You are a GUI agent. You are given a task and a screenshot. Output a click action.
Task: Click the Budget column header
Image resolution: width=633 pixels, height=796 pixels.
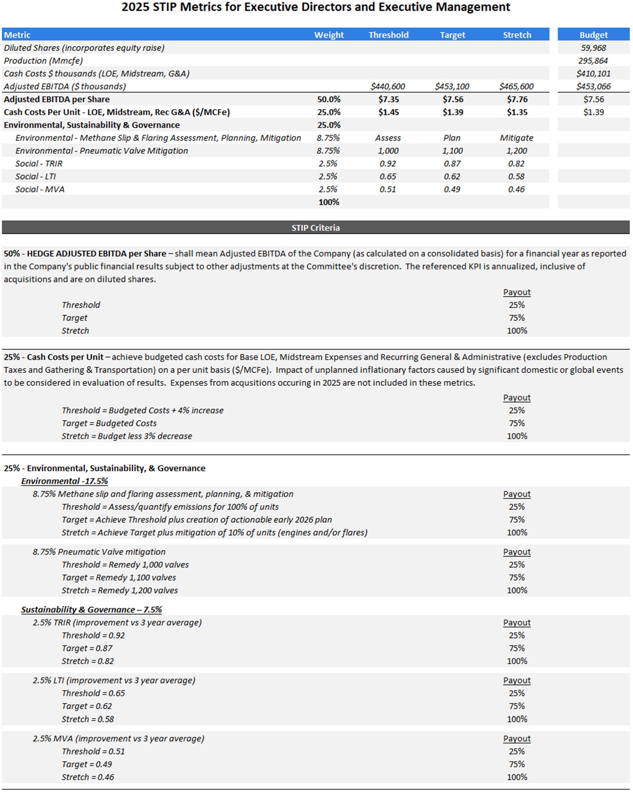pyautogui.click(x=593, y=35)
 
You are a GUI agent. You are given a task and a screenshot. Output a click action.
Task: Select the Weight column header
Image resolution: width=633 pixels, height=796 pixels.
pyautogui.click(x=328, y=35)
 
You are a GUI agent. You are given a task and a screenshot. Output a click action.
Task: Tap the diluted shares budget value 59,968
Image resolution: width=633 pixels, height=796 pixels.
pyautogui.click(x=593, y=48)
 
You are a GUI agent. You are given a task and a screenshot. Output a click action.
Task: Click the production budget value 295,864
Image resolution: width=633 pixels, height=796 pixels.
pyautogui.click(x=593, y=61)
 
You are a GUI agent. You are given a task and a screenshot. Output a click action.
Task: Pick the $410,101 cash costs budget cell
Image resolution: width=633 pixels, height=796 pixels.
pyautogui.click(x=593, y=74)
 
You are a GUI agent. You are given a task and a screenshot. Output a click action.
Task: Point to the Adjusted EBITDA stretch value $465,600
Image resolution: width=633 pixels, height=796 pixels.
pyautogui.click(x=516, y=86)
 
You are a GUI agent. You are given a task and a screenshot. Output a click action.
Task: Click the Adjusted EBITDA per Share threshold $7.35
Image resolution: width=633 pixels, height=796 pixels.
pyautogui.click(x=388, y=99)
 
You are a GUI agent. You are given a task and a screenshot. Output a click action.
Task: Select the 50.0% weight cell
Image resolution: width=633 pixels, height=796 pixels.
pyautogui.click(x=328, y=99)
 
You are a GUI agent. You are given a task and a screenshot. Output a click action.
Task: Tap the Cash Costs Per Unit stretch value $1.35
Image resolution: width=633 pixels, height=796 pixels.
pyautogui.click(x=517, y=112)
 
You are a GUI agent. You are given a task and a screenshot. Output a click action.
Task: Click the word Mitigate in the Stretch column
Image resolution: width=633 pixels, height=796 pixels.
pyautogui.click(x=516, y=138)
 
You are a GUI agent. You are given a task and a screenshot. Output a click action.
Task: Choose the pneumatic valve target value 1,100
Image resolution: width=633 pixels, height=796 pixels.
pyautogui.click(x=452, y=151)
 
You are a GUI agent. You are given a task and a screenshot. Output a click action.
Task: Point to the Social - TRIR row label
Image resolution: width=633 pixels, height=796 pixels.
pyautogui.click(x=39, y=163)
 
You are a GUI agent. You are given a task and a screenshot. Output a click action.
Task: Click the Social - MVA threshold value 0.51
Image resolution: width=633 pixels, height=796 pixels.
pyautogui.click(x=388, y=189)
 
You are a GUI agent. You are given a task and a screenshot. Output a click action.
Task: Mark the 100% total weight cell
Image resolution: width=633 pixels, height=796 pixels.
pyautogui.click(x=328, y=202)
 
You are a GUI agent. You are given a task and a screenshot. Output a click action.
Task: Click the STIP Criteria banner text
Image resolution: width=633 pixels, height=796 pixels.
pyautogui.click(x=315, y=227)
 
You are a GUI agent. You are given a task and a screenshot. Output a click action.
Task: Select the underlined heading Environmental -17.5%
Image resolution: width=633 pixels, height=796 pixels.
pyautogui.click(x=65, y=481)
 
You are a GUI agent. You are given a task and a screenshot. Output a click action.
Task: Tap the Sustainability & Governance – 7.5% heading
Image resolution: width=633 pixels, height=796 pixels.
pyautogui.click(x=91, y=609)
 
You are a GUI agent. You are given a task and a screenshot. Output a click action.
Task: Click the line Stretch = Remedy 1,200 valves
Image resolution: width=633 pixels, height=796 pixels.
pyautogui.click(x=120, y=590)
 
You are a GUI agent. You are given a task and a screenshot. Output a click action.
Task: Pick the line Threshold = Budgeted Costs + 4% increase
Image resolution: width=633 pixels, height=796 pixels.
pyautogui.click(x=142, y=410)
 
